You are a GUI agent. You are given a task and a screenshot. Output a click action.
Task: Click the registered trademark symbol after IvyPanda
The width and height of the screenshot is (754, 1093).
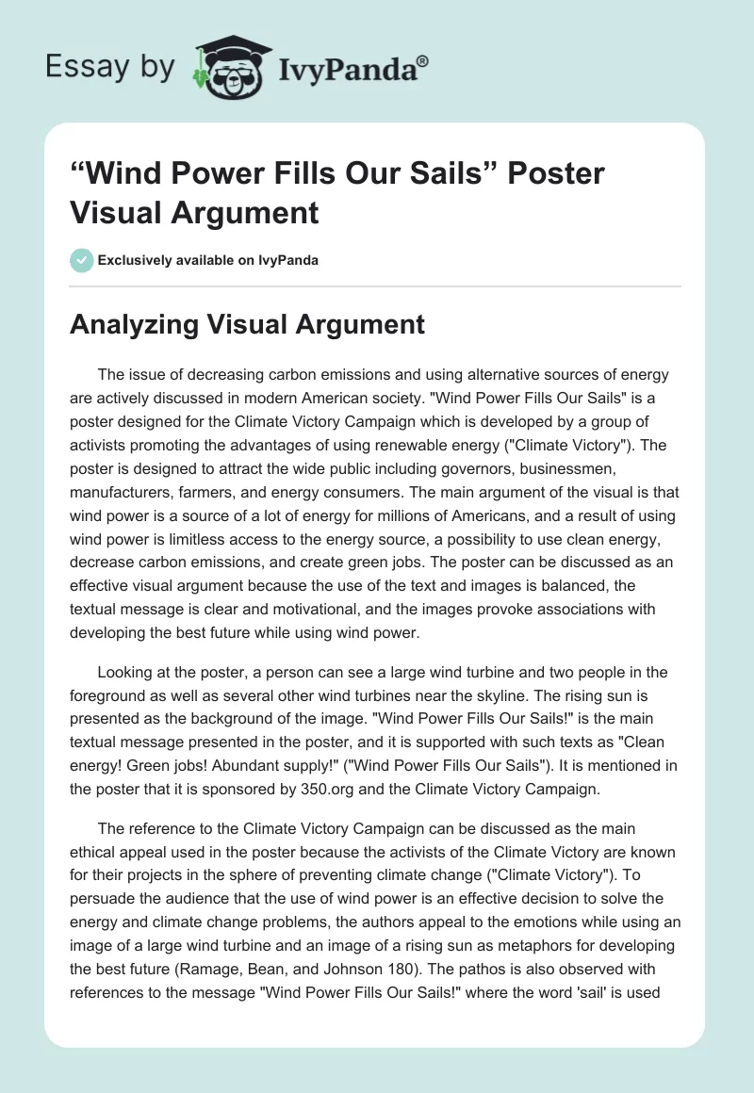(x=423, y=61)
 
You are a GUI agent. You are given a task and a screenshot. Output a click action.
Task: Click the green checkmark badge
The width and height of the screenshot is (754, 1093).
(x=81, y=260)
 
